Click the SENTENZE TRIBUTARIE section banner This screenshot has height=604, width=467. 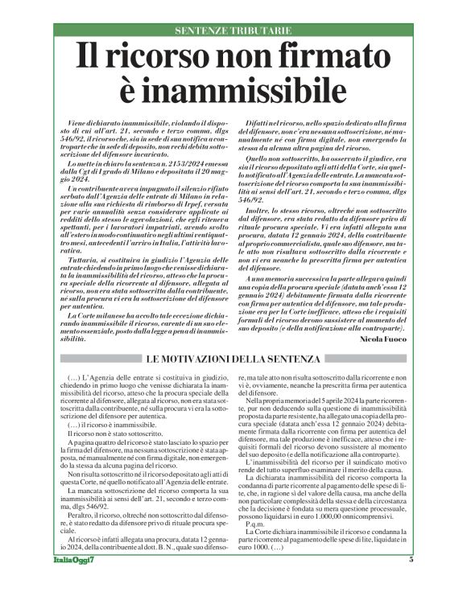click(x=233, y=31)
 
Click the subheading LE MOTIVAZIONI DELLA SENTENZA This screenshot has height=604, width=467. click(x=233, y=358)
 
